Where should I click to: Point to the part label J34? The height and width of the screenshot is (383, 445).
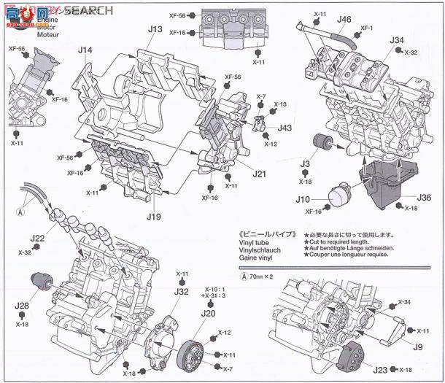pos(397,40)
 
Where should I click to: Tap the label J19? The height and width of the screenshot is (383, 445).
pos(152,217)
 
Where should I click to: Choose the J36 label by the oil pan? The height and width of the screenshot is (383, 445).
pos(425,197)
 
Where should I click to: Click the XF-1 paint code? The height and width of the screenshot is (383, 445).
pos(367,29)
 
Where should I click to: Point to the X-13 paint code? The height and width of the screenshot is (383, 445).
pos(280,104)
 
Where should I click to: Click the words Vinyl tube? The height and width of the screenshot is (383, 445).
pos(257,244)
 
